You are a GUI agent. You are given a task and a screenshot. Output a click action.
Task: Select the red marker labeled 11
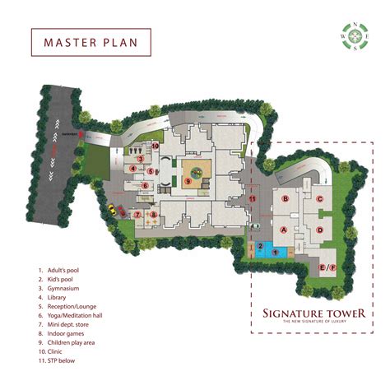pyautogui.click(x=253, y=198)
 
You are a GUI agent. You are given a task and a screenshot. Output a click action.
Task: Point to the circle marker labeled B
pyautogui.click(x=285, y=199)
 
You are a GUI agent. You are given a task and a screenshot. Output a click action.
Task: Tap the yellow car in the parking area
pyautogui.click(x=110, y=209)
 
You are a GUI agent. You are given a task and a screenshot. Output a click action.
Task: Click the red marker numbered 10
pyautogui.click(x=156, y=146)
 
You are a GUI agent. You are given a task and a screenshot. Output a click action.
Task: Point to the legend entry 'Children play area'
pyautogui.click(x=73, y=343)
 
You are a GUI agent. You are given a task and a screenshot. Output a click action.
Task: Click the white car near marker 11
pyautogui.click(x=256, y=225)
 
